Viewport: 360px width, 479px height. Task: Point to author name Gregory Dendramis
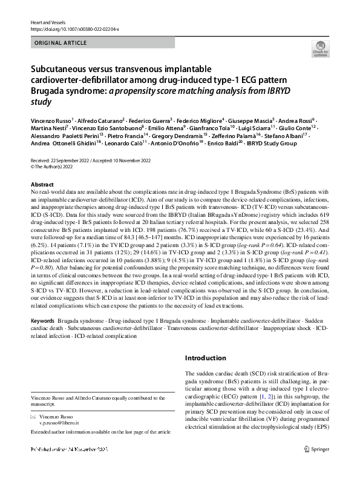pyautogui.click(x=204, y=137)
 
